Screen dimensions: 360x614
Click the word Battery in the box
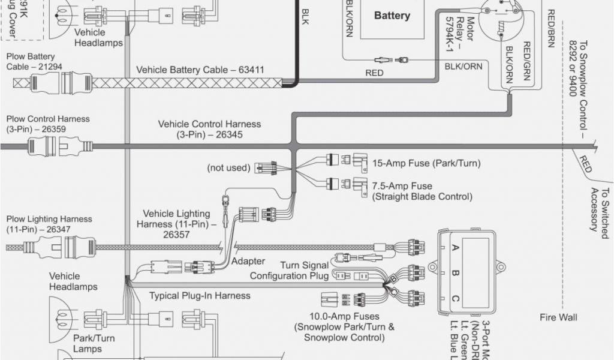coord(392,16)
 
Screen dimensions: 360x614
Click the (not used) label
coord(228,167)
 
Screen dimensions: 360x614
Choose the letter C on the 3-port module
coord(455,299)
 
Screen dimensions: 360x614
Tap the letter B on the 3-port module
coord(455,274)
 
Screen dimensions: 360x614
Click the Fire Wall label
coord(558,317)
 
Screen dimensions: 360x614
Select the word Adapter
coord(248,261)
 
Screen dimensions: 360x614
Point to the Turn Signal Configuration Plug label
coord(289,271)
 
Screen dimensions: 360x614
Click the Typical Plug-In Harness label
coord(200,296)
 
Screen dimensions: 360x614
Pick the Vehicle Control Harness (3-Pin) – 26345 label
coord(209,129)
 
